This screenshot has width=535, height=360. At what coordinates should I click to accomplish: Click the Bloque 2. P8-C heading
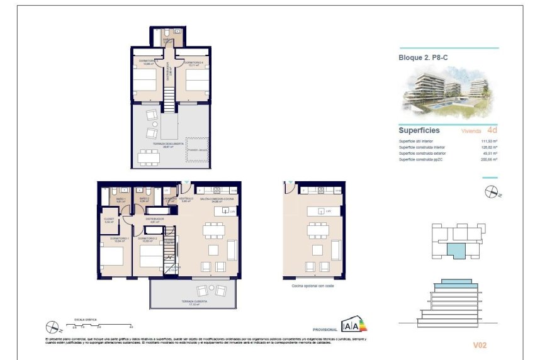(x=424, y=57)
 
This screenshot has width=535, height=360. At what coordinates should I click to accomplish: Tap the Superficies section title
(x=419, y=130)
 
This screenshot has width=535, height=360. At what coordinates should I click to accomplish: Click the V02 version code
(x=480, y=345)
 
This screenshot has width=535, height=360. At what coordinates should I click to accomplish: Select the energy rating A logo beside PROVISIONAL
(x=354, y=325)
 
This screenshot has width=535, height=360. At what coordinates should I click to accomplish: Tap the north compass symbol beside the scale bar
(x=52, y=327)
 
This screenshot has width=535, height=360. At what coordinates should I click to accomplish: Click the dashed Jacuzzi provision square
(x=197, y=149)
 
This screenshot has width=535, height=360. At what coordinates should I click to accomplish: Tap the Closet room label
(x=108, y=221)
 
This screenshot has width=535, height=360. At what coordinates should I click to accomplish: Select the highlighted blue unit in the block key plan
(x=456, y=250)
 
